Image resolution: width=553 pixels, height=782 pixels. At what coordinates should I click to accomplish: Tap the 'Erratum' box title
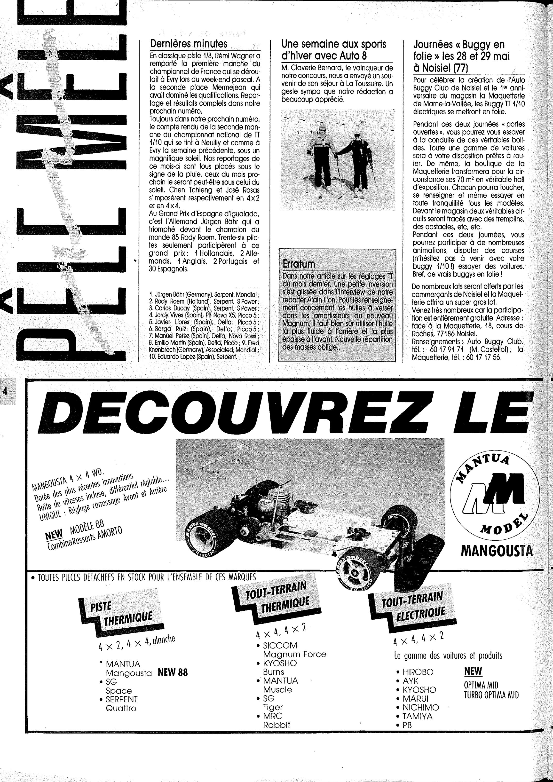pos(299,264)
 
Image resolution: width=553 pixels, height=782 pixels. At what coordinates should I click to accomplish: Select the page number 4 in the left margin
pos(5,391)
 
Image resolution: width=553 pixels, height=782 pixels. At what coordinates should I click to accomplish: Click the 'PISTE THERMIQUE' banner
pos(122,612)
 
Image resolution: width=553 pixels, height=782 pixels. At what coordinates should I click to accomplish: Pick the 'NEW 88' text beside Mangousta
pos(173,673)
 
